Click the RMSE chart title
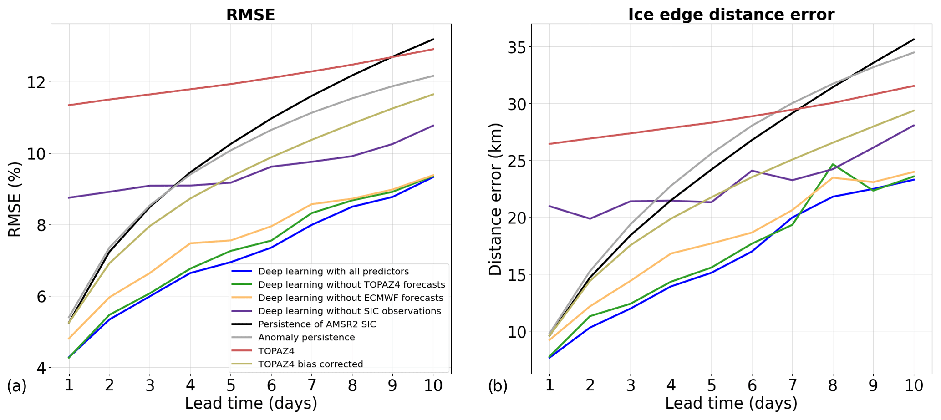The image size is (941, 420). pos(250,15)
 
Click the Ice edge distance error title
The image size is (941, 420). pos(731,15)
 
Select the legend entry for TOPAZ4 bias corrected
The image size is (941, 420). pos(310,364)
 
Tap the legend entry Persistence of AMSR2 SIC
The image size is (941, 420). pos(317,324)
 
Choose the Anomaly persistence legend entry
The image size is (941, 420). pos(306,338)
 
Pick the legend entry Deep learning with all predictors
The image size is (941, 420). pos(333,272)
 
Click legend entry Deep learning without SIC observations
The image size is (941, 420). pos(349,311)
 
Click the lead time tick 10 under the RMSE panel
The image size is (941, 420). pos(432,386)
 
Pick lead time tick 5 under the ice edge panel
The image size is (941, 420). pos(711,386)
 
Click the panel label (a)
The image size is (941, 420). pos(17,386)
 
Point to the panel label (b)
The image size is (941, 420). pos(498,386)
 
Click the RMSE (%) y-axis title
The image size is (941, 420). pos(15,199)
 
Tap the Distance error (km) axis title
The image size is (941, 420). pos(495,199)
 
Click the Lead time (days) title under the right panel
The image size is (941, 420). pos(731,404)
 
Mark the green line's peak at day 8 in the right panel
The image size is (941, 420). pos(833,164)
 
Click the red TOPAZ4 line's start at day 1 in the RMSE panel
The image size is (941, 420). pos(69,105)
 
